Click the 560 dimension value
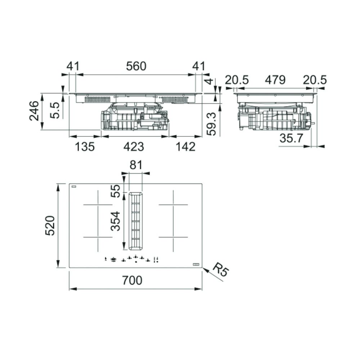(136, 66)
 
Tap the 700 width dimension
(132, 280)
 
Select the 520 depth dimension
(50, 226)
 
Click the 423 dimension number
(134, 147)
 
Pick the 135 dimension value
(85, 147)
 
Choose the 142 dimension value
(185, 147)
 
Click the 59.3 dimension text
(211, 124)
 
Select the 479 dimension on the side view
(275, 80)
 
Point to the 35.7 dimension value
(291, 138)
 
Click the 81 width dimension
(136, 165)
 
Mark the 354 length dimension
(115, 221)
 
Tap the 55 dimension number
(115, 191)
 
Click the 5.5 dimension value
(55, 111)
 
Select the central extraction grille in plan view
(135, 221)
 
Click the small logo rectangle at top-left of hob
(74, 186)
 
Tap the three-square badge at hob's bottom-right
(196, 265)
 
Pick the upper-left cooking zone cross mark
(98, 204)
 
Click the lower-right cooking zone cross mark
(173, 237)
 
